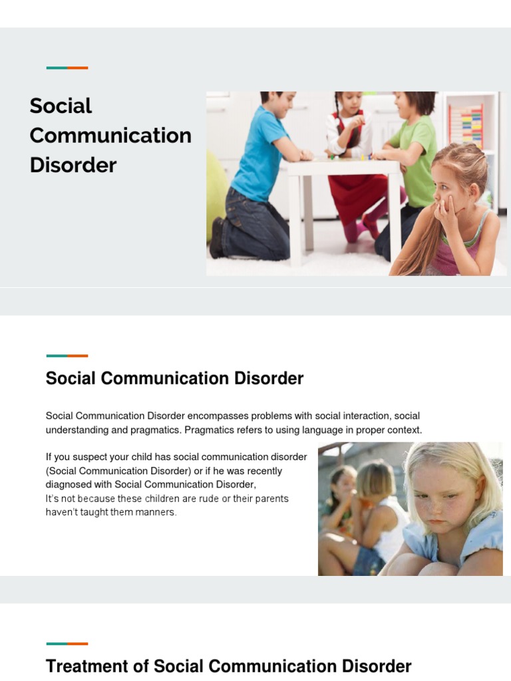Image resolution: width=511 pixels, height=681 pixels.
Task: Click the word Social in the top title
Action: click(x=61, y=106)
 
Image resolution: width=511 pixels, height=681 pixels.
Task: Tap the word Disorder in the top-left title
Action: click(x=73, y=164)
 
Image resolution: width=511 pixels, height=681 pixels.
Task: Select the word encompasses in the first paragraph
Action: click(x=214, y=416)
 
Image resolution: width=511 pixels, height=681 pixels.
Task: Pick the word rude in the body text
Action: click(x=229, y=499)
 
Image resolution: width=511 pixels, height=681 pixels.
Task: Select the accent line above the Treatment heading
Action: click(x=67, y=644)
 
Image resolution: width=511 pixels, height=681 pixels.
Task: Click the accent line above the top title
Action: click(x=67, y=68)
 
